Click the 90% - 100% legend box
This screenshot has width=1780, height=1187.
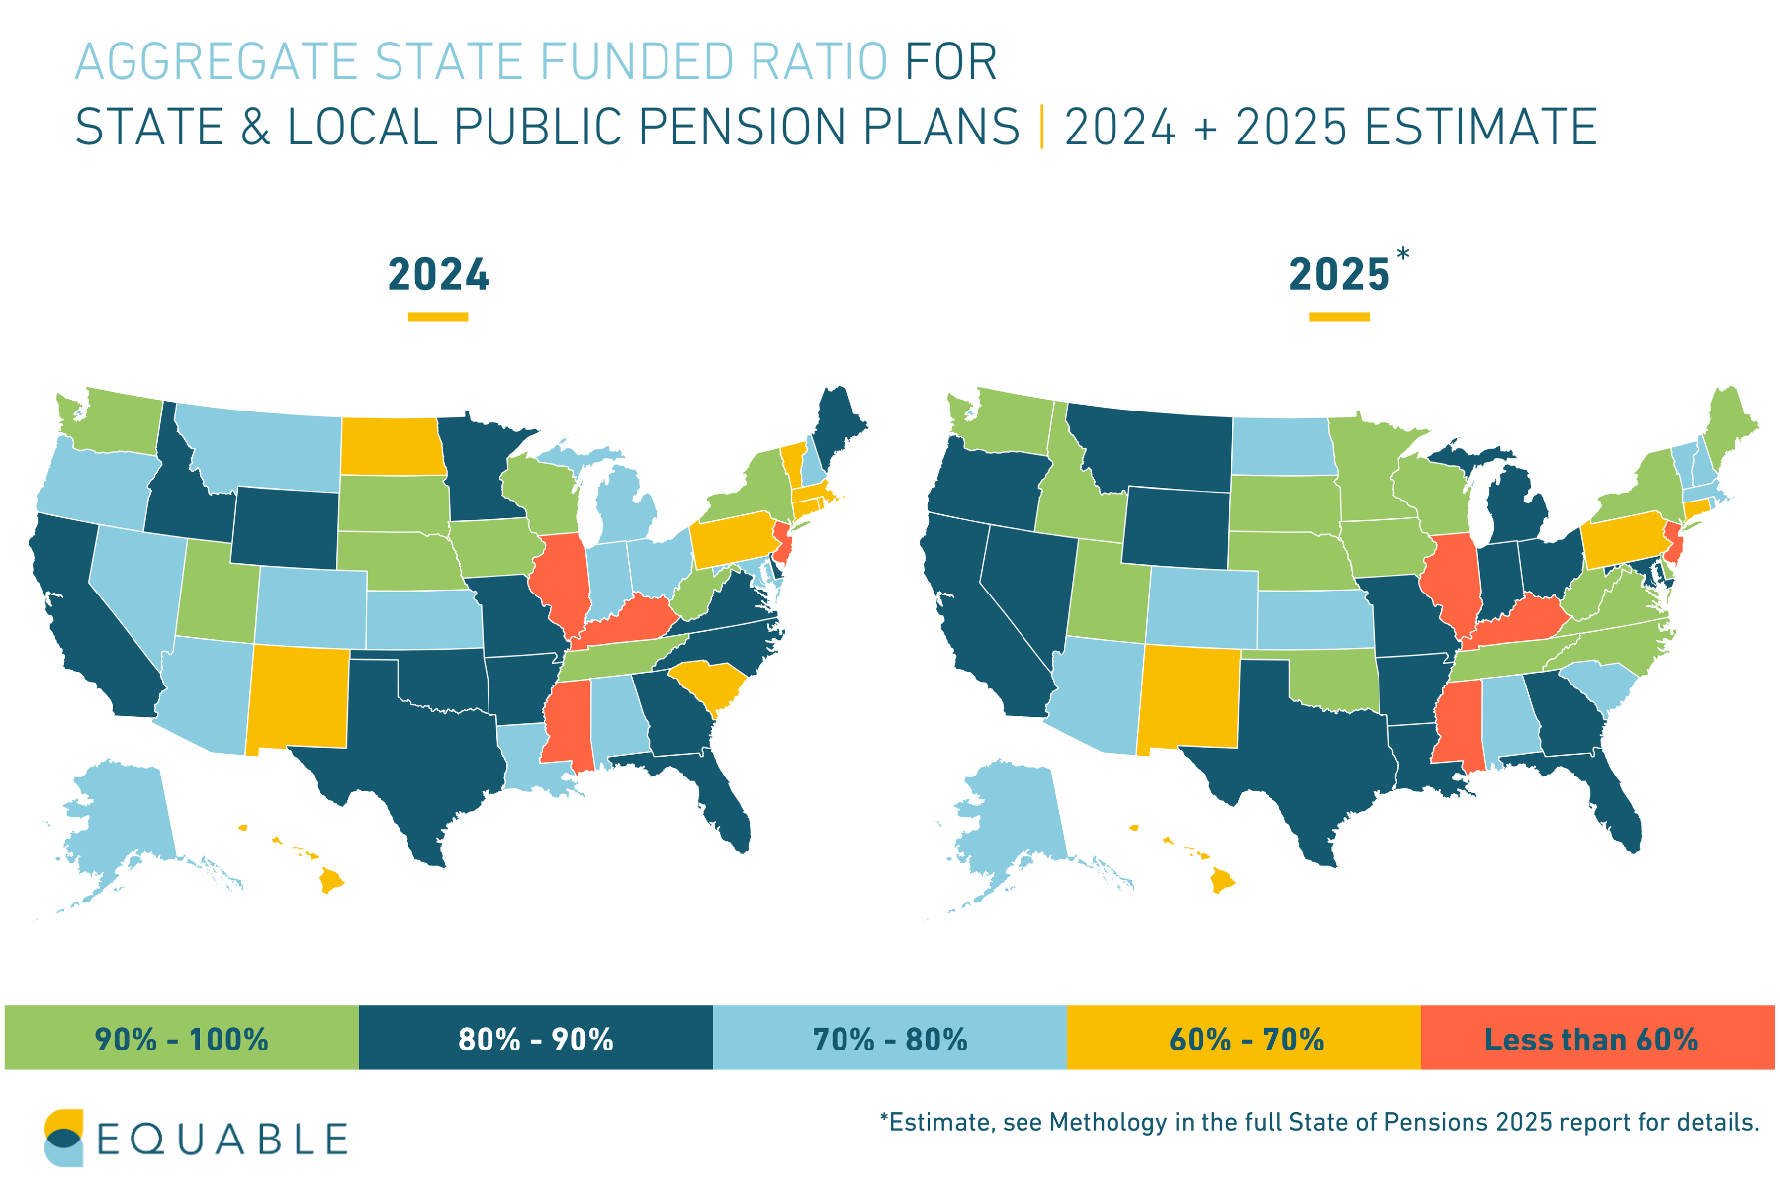pyautogui.click(x=181, y=1038)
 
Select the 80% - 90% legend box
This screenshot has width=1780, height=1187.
pyautogui.click(x=535, y=1038)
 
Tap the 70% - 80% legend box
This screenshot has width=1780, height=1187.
pyautogui.click(x=889, y=1038)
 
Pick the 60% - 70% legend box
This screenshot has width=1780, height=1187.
pyautogui.click(x=1244, y=1038)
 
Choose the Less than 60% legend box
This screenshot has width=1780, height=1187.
pyautogui.click(x=1597, y=1038)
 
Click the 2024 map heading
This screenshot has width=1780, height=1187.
pyautogui.click(x=438, y=275)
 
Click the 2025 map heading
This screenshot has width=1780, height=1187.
pyautogui.click(x=1339, y=275)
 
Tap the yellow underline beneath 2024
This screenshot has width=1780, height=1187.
pyautogui.click(x=438, y=317)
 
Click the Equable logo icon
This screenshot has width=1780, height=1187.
pyautogui.click(x=64, y=1138)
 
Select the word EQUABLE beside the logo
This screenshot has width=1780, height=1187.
pyautogui.click(x=222, y=1140)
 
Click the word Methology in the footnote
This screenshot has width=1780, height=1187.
pyautogui.click(x=1095, y=1123)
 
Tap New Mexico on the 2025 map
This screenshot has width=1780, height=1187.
pyautogui.click(x=1190, y=697)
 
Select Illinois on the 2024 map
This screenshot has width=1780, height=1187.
pyautogui.click(x=559, y=584)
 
